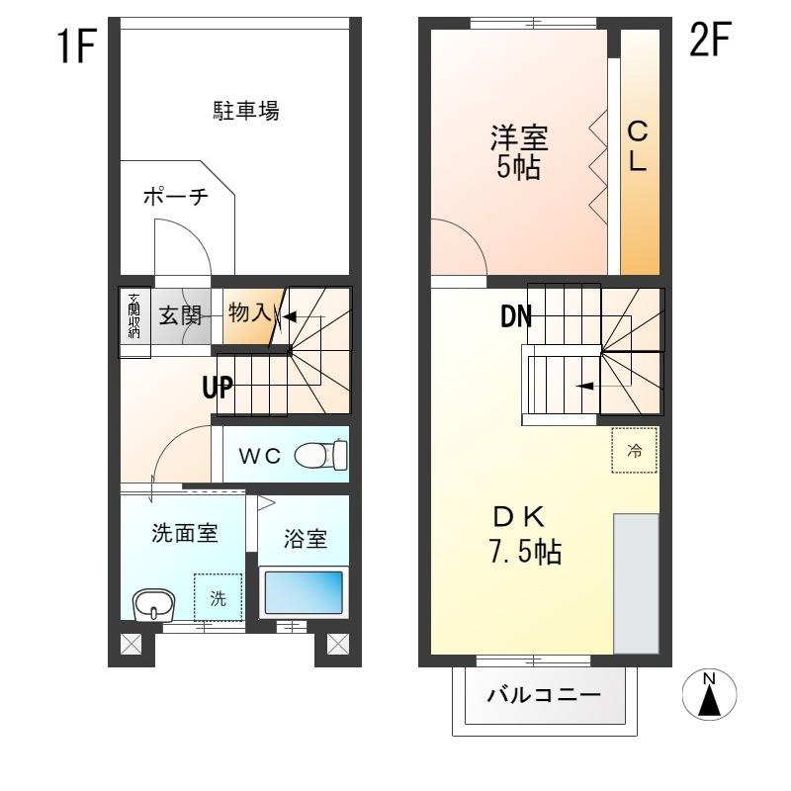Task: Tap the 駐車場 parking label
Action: (x=247, y=111)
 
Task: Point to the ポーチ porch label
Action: (x=175, y=197)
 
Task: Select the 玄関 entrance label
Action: (x=181, y=315)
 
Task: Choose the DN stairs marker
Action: (x=516, y=317)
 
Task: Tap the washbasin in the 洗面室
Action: (x=153, y=603)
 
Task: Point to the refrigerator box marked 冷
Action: (x=635, y=451)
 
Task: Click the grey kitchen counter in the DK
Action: (x=636, y=582)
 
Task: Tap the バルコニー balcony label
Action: (x=543, y=695)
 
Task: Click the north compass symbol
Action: (x=709, y=694)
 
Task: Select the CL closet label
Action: (x=638, y=145)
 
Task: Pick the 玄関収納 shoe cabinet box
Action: (x=133, y=316)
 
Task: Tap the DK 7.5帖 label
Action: (x=525, y=534)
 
